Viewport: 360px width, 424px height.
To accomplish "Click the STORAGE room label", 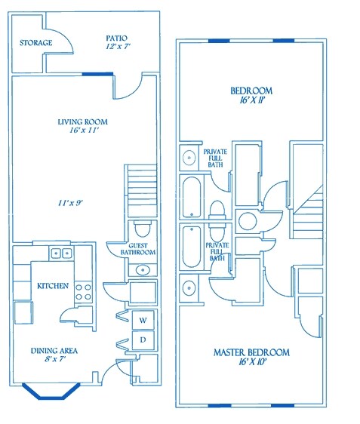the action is (36, 43).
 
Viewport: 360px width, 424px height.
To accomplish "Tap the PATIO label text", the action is (116, 38).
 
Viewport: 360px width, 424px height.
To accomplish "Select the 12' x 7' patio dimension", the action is (118, 47).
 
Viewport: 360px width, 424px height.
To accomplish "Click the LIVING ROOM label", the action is (83, 122).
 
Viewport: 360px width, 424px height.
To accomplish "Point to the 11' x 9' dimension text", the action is (70, 203).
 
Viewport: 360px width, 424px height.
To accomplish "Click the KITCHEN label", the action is (53, 286).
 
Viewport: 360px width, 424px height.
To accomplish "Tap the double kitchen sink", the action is (61, 253).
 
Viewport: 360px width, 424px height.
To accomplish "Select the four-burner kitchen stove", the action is (83, 292).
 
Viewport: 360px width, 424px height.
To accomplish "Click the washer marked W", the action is (143, 320).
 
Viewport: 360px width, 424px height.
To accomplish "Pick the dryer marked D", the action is (143, 340).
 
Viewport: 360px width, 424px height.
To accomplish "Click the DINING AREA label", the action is (54, 351).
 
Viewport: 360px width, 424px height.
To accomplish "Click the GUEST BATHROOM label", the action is (138, 249).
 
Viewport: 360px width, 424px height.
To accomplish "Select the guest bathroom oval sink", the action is (143, 270).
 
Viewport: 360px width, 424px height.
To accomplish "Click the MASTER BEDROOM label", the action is (251, 352).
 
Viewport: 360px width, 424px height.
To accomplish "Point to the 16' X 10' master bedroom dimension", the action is (253, 362).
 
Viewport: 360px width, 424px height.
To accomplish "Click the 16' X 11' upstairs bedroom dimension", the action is (252, 100).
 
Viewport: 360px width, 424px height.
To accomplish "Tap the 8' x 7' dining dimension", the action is (55, 359).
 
